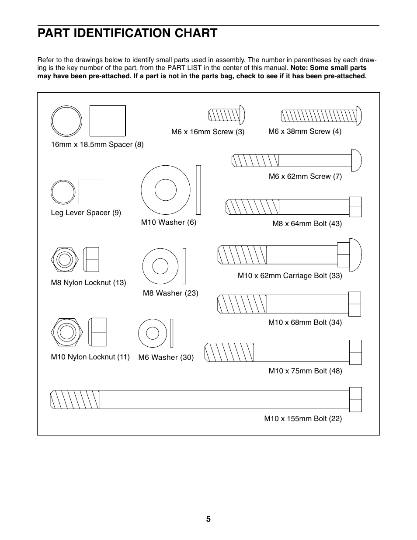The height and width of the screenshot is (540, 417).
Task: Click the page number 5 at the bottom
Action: (208, 519)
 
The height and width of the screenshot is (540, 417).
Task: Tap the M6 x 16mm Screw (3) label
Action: (208, 132)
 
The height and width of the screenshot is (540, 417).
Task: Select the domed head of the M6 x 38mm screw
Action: (359, 116)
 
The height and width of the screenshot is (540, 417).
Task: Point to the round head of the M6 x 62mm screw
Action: (356, 160)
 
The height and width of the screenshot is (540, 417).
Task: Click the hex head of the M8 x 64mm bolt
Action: (355, 207)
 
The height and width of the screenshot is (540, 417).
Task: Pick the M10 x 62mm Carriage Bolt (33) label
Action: (289, 275)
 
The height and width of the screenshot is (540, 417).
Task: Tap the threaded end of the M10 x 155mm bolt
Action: (75, 400)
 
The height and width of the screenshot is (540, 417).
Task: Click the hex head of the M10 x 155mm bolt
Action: (355, 400)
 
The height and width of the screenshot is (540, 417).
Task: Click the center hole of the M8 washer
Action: (160, 266)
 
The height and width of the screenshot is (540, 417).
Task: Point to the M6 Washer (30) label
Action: (166, 357)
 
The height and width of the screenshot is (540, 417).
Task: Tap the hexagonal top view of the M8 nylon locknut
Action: (65, 260)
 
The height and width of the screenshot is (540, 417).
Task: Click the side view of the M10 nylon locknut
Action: (97, 332)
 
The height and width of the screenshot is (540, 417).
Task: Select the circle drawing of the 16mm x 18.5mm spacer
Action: (66, 121)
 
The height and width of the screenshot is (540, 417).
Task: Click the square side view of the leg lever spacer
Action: (91, 192)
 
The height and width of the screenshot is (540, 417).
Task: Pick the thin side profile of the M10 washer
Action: (198, 190)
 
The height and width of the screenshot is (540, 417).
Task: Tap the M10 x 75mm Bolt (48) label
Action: (305, 371)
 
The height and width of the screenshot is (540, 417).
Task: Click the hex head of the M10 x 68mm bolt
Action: (354, 304)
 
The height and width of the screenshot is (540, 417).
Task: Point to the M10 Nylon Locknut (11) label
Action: (90, 357)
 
